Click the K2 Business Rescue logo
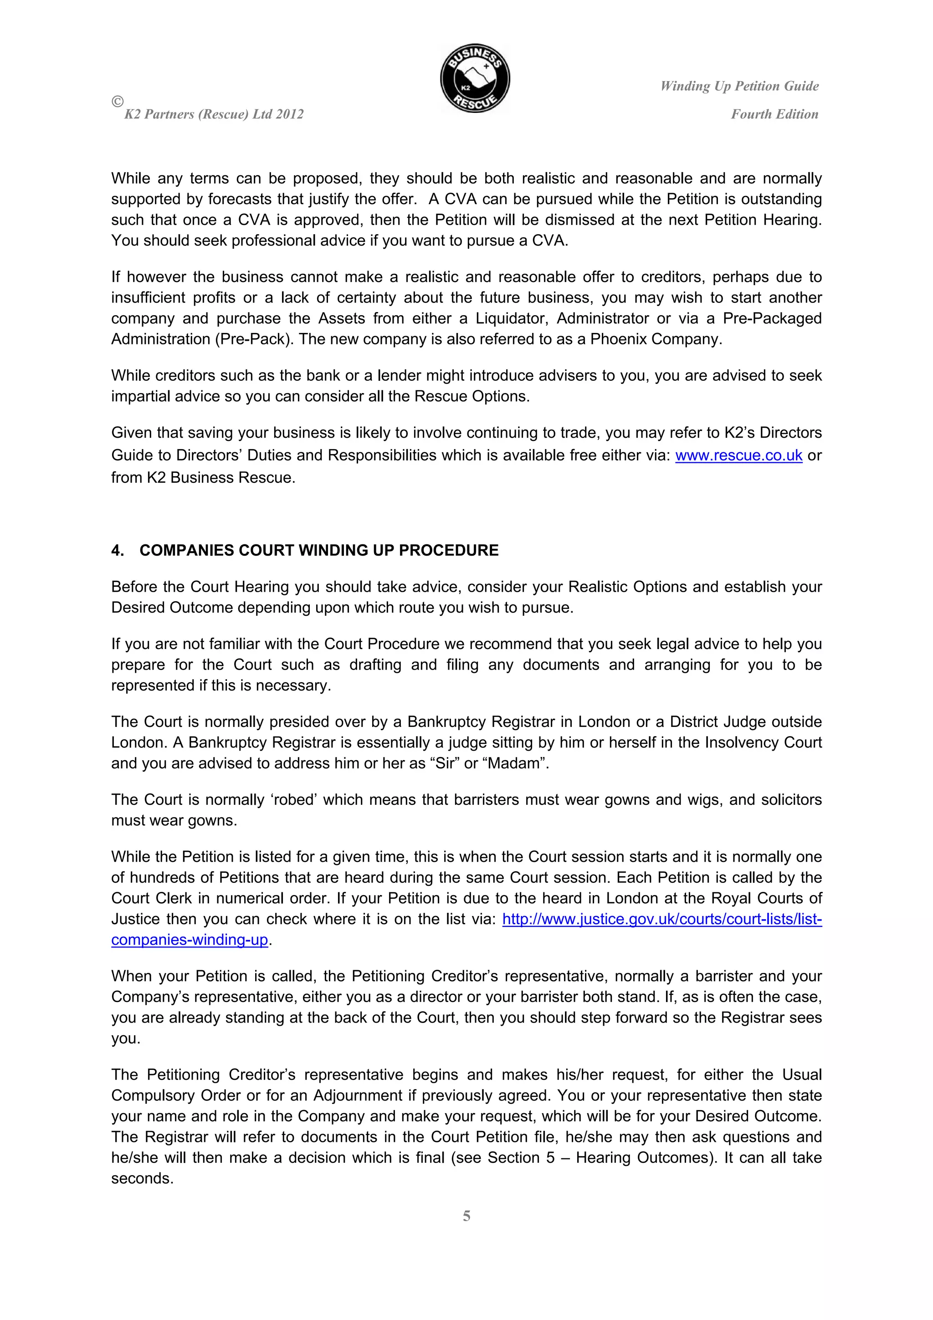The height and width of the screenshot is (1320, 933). (x=475, y=79)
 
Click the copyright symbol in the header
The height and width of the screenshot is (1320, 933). (x=117, y=102)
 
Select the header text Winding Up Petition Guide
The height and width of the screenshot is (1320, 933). (x=739, y=86)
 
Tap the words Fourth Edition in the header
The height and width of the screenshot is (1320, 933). (x=774, y=114)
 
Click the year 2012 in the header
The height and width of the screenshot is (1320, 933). (x=289, y=114)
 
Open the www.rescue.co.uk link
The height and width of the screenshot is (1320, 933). (x=738, y=455)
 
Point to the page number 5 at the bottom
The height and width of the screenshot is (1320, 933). (x=466, y=1216)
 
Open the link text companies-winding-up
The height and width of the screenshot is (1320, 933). (x=190, y=940)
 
